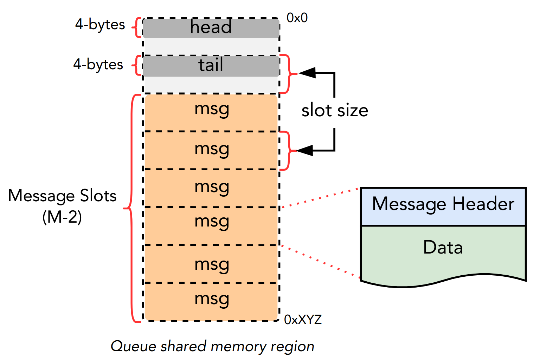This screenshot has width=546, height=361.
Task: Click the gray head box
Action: pos(211,28)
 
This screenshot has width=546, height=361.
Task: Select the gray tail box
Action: pos(211,66)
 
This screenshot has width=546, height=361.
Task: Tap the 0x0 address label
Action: pos(297,18)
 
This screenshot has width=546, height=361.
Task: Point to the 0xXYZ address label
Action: pos(303,320)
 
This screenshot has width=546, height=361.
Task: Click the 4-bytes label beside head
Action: pos(100,25)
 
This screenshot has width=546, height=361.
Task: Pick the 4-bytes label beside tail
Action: pos(98,64)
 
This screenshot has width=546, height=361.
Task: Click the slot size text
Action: pos(335,111)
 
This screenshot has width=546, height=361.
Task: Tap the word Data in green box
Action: pos(443,247)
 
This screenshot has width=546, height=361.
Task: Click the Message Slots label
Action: pos(62,196)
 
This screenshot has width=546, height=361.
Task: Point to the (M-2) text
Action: pos(62,217)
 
